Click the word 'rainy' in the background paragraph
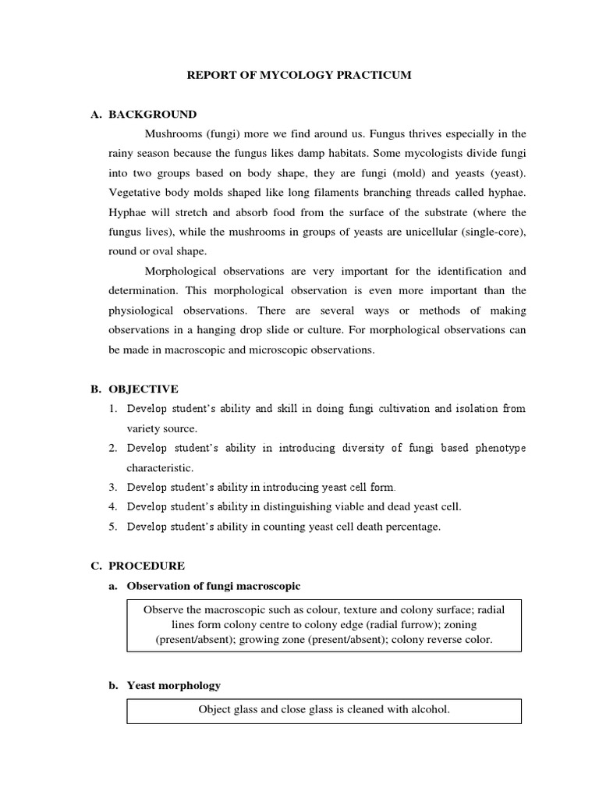(122, 153)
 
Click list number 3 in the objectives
(112, 487)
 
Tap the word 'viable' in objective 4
(354, 506)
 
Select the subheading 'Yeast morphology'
(173, 685)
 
